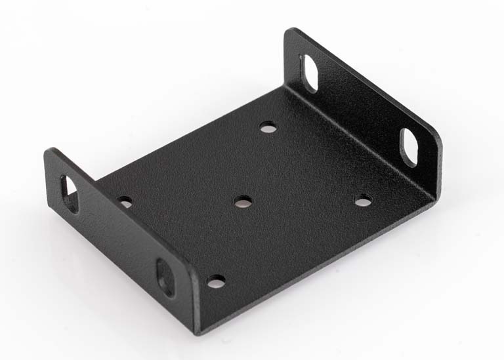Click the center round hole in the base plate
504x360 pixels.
[242, 201]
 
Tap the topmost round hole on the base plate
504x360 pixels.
[267, 127]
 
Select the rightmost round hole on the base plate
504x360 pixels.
[363, 200]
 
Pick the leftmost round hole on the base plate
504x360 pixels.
[125, 201]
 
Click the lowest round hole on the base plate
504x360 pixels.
[215, 281]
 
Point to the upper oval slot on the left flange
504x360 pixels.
[69, 193]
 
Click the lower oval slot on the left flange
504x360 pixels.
[165, 277]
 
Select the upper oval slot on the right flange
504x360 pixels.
[308, 72]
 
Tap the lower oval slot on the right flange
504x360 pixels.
[410, 146]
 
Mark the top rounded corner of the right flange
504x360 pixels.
[292, 31]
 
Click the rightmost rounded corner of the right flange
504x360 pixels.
[438, 141]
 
